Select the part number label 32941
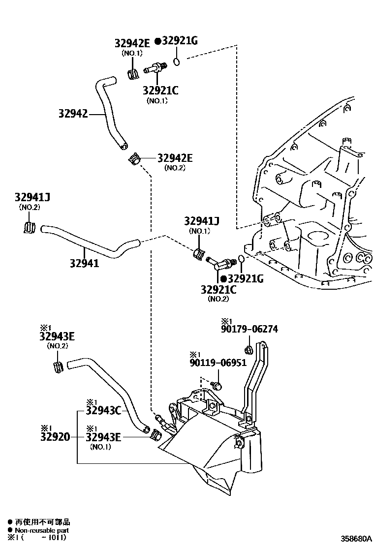click(84, 263)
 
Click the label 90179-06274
click(249, 329)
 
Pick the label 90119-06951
click(218, 363)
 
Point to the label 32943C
click(103, 410)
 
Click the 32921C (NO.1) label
click(160, 91)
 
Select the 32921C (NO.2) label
click(218, 290)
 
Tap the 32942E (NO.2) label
click(175, 158)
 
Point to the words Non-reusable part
click(41, 530)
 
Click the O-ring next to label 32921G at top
click(177, 62)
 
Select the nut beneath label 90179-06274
click(249, 350)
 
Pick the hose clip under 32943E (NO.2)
click(57, 367)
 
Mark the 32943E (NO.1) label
click(103, 436)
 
